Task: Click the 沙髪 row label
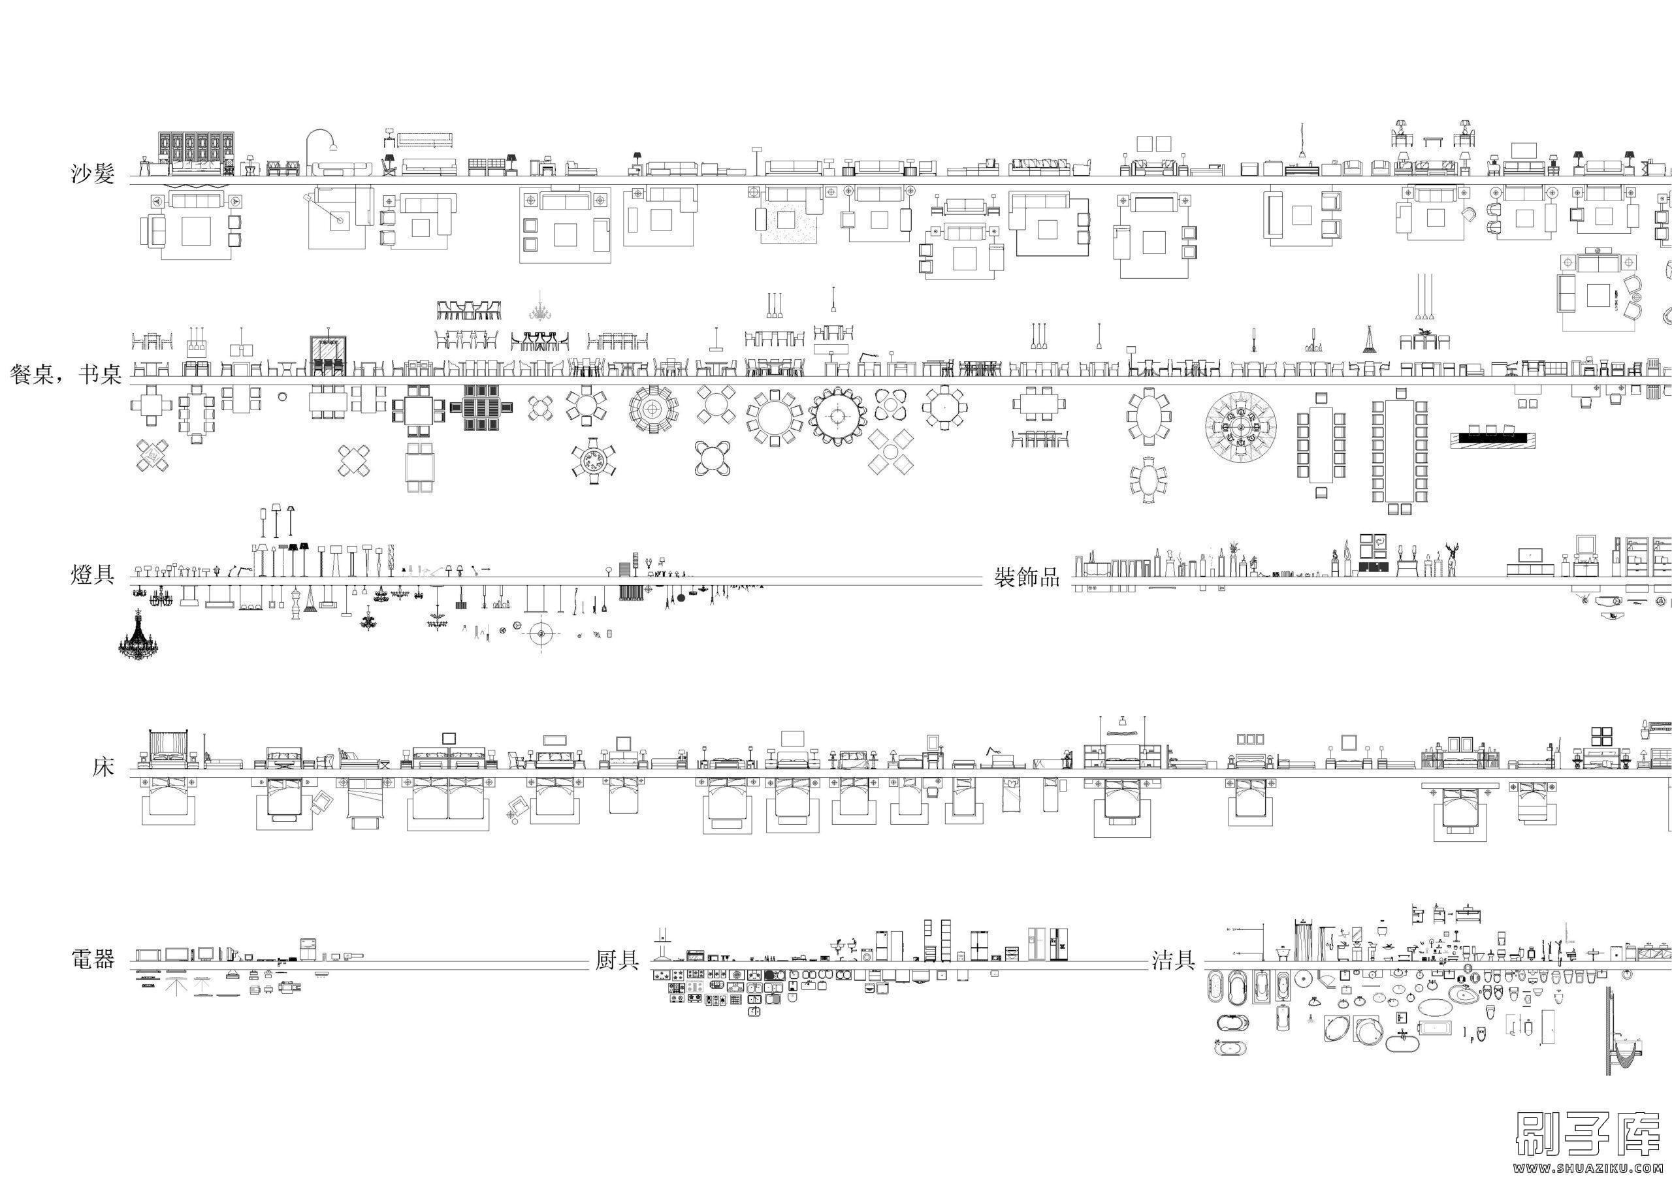93,174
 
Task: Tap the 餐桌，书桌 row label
65,375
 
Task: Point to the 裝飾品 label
1027,578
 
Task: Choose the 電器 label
93,959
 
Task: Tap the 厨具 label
617,961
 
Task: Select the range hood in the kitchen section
663,944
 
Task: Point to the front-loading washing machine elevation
867,955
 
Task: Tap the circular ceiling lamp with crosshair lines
541,634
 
